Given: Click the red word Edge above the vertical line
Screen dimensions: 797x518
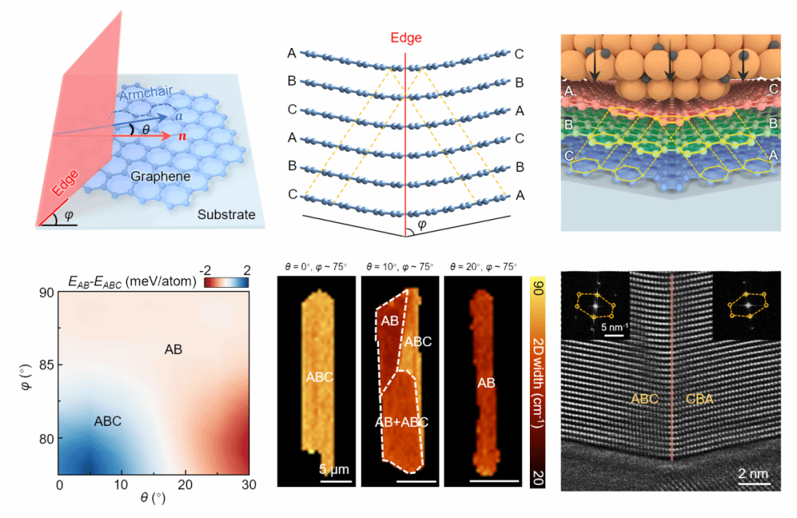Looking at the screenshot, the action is pos(406,38).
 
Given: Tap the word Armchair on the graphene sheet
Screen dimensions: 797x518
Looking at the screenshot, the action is pos(146,94).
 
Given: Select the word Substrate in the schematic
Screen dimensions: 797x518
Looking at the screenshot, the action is pos(227,215).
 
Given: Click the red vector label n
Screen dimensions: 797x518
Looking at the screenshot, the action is pos(182,137).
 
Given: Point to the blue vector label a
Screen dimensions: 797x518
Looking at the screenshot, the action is pos(179,117).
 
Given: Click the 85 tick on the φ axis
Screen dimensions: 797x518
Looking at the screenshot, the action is pos(46,365).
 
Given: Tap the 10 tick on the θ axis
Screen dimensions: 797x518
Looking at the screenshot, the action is pos(121,485).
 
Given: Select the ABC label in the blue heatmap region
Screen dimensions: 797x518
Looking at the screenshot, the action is pos(108,421).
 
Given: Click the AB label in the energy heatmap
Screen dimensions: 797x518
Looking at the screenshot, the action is pos(173,349).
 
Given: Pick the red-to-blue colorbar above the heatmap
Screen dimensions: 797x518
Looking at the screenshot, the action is pos(227,282).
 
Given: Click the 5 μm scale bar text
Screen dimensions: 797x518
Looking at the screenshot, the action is pos(334,469).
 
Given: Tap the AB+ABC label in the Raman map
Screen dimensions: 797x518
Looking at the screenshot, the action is pos(401,422).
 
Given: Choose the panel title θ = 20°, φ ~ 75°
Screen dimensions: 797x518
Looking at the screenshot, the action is pos(483,266).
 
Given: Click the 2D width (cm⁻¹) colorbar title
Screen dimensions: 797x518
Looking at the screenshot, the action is pos(538,382).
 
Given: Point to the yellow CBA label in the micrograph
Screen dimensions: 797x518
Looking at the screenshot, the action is pos(700,399).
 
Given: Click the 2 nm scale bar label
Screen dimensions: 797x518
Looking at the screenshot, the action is pos(753,473).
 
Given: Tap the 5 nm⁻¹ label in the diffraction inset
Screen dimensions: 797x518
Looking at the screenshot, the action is pos(615,328).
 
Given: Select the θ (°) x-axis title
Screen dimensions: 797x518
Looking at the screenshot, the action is pos(153,497).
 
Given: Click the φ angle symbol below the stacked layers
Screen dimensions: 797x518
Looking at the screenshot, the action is pos(421,224).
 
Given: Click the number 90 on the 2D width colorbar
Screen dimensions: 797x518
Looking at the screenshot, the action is pos(538,287).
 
